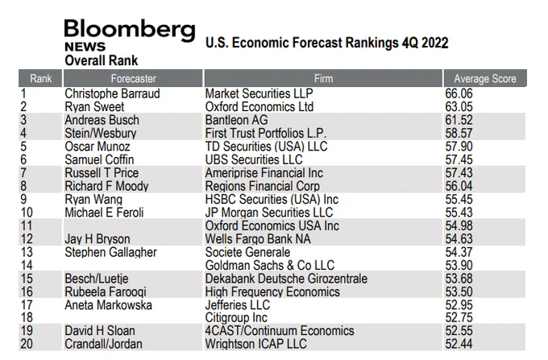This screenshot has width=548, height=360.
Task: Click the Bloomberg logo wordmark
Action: pos(130,31)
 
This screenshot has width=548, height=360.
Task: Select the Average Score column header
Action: pos(485,79)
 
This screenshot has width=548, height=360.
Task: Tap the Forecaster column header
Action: pos(133,79)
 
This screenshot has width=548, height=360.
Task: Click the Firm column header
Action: pos(323,79)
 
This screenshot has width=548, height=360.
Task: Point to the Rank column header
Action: pos(40,79)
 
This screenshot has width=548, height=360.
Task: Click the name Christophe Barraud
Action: pos(112,93)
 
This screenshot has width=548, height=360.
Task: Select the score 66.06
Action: pos(459,93)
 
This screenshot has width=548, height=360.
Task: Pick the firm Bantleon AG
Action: pos(236,120)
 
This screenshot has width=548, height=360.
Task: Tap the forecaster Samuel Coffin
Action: pos(99,159)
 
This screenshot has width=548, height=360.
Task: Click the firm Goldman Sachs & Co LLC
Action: pos(270,266)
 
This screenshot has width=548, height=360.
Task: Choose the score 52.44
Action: pos(459,344)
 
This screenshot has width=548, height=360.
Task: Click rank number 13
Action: pos(27,252)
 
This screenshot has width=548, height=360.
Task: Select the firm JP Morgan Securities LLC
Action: pos(269,213)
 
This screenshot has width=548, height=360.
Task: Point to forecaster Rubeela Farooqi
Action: pos(106,292)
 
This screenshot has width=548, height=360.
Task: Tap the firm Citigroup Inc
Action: pos(236,317)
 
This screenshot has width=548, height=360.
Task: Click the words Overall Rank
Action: pos(102,60)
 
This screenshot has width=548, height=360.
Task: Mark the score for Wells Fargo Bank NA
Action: pos(459,239)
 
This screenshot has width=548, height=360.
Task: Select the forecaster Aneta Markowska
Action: pos(108,305)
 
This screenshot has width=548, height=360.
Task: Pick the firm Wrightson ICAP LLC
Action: pos(255,344)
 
